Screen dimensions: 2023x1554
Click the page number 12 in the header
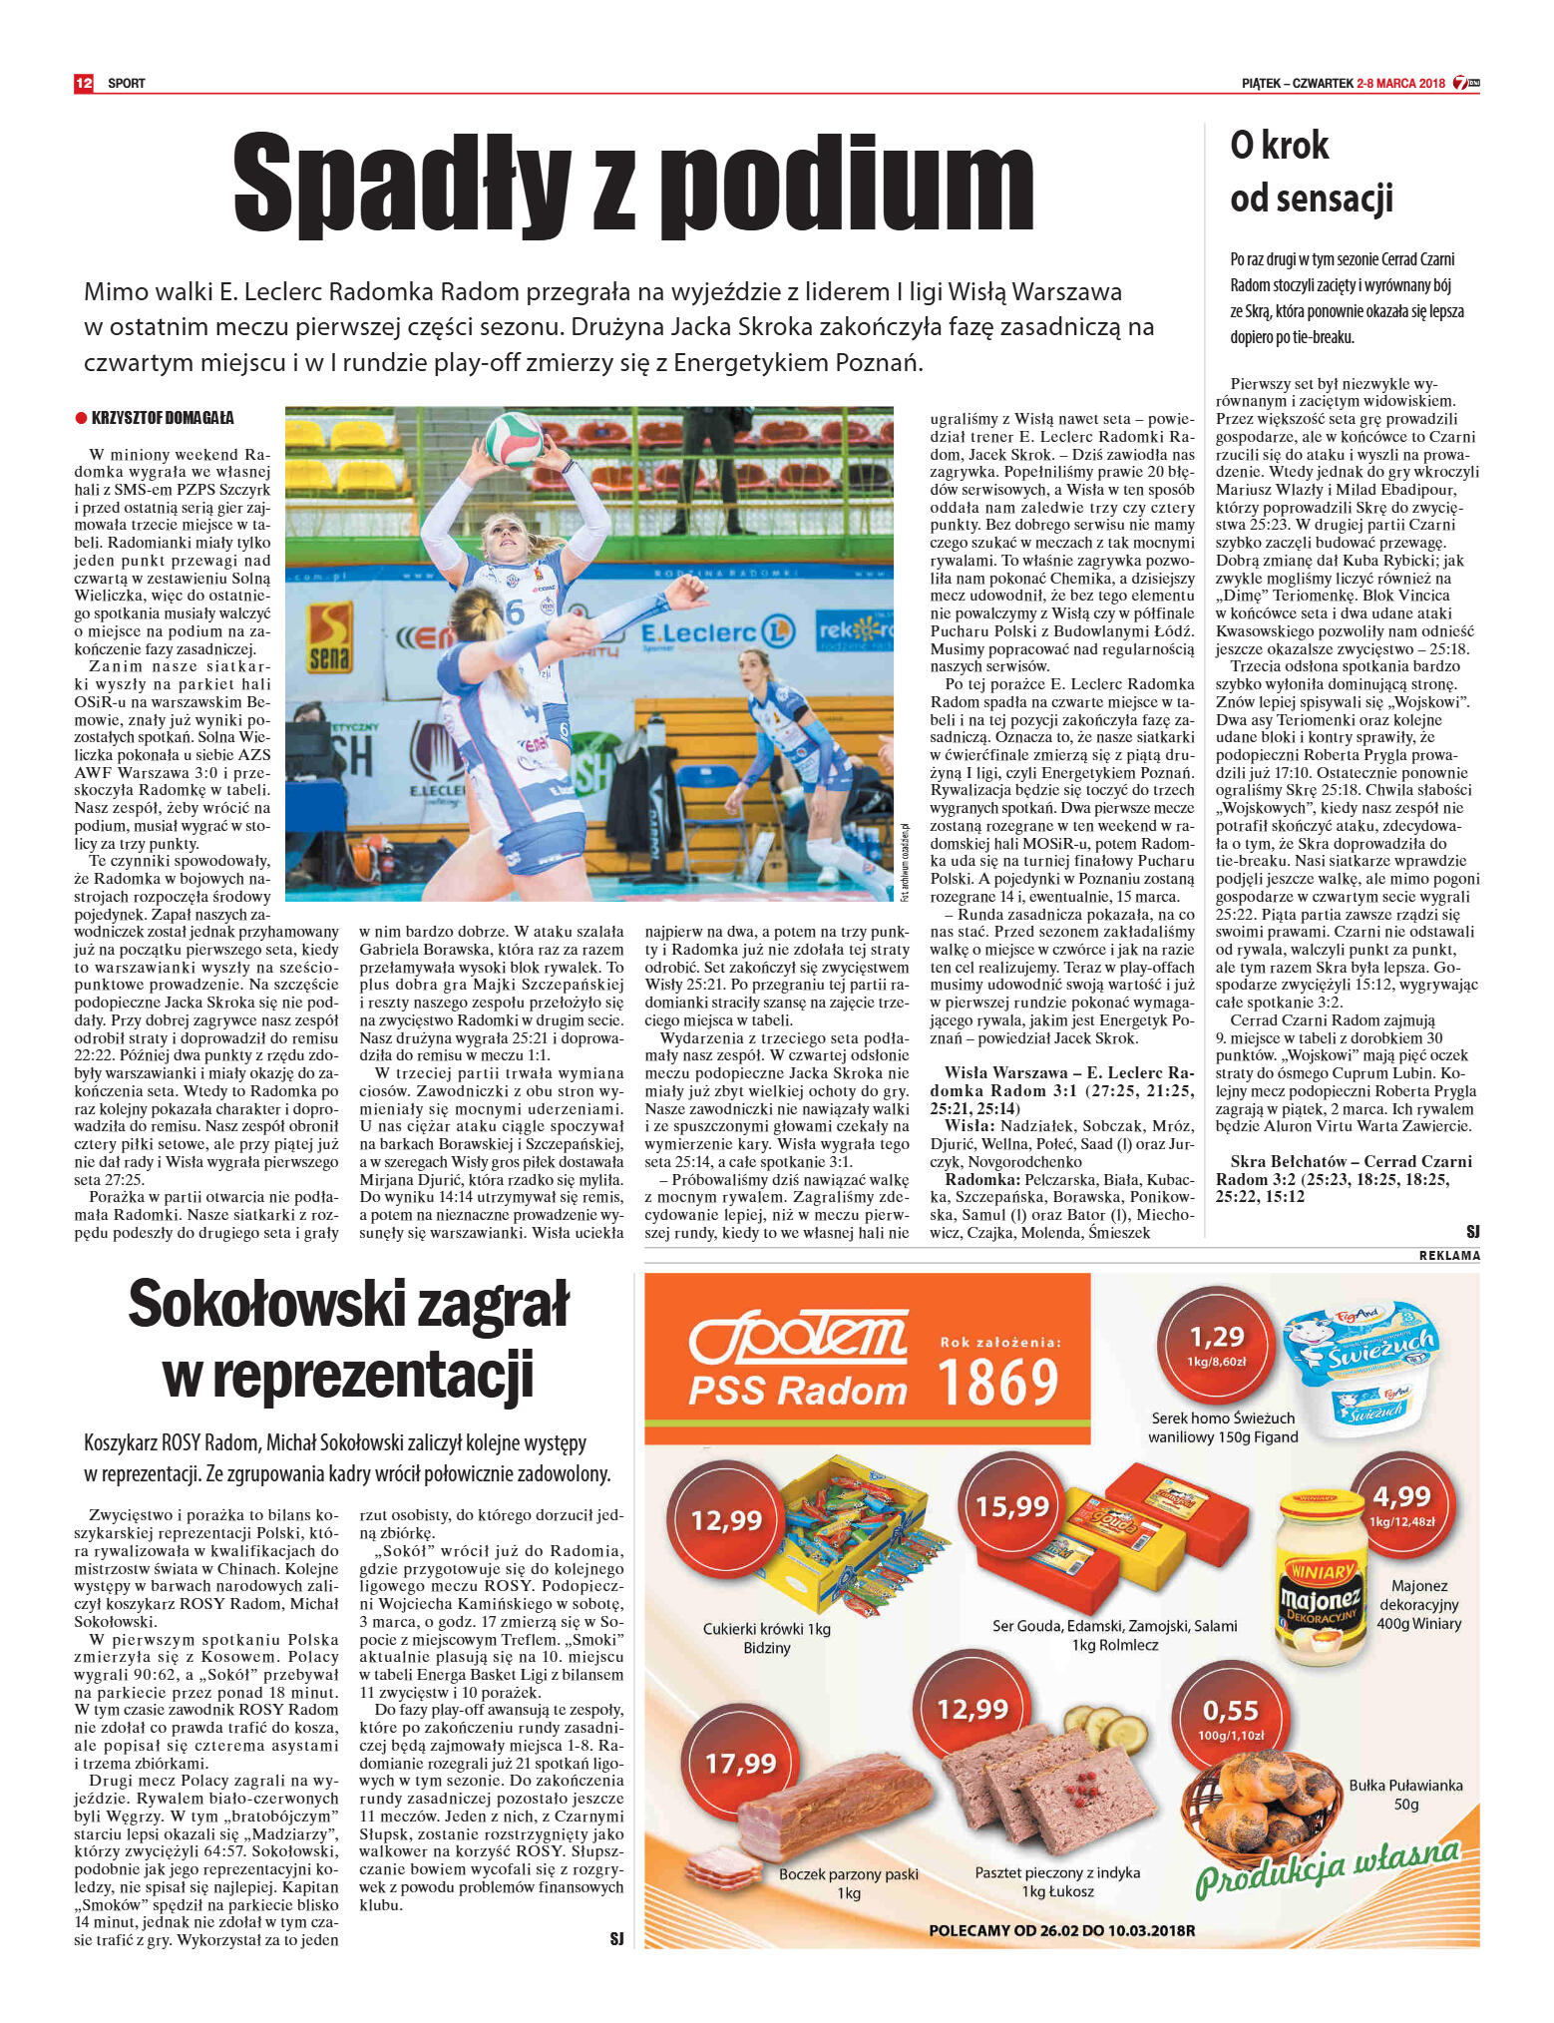point(83,83)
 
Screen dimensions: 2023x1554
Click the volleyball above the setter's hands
point(515,439)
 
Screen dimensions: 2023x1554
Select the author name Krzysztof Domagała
point(163,418)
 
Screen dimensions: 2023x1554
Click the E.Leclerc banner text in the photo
point(698,633)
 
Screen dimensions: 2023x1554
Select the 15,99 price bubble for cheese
point(1011,1506)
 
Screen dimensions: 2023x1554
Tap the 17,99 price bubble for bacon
point(740,1764)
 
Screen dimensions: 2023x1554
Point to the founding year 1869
point(998,1383)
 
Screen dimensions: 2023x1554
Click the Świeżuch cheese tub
point(1360,1363)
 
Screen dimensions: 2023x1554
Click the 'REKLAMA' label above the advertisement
point(1448,1255)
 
